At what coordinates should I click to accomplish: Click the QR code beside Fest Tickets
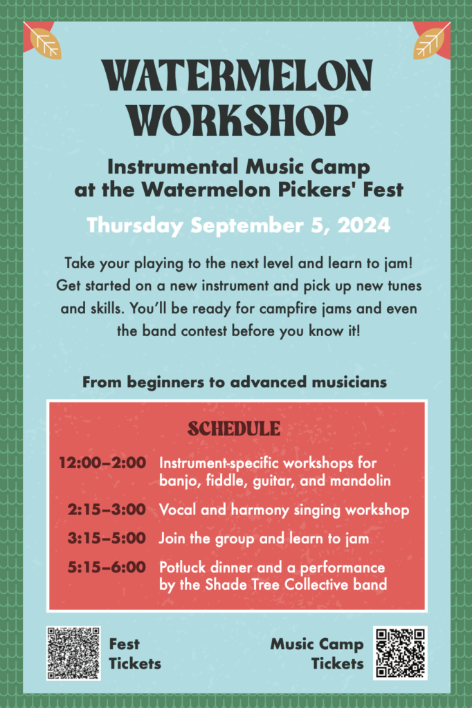(73, 653)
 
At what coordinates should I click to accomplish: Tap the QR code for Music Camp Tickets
(400, 653)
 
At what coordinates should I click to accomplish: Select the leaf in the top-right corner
(428, 44)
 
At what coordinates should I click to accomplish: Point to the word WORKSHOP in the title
(237, 120)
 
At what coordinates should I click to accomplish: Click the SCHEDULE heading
(234, 429)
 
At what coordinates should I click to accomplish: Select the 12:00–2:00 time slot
(102, 463)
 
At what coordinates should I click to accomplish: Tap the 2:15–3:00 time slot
(107, 510)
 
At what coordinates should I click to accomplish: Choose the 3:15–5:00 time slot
(107, 538)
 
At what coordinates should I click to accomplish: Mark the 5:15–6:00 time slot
(107, 567)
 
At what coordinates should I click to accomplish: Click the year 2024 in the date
(364, 225)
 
